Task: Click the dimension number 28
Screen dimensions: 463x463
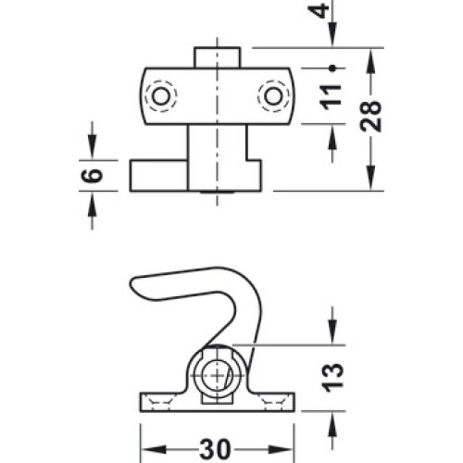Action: (371, 116)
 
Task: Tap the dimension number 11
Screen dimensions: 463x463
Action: (332, 97)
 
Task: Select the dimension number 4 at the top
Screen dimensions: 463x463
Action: (319, 10)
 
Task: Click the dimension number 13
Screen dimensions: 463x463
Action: (332, 378)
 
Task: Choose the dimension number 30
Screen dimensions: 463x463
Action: (215, 449)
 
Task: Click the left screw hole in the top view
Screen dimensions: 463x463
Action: (161, 96)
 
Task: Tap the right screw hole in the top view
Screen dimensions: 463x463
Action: (273, 96)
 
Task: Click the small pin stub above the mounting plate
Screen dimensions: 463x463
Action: (217, 57)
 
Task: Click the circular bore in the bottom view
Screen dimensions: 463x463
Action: (218, 375)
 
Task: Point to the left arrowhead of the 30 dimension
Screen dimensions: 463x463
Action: (154, 449)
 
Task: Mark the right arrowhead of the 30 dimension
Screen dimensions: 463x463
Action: (281, 449)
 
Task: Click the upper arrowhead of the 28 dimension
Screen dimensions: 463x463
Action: (371, 61)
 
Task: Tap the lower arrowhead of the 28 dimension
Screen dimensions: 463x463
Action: (371, 178)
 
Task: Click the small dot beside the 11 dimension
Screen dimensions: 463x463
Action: (332, 69)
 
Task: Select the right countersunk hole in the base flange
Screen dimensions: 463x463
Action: (272, 402)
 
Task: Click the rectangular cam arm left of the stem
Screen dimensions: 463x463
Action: (158, 176)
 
